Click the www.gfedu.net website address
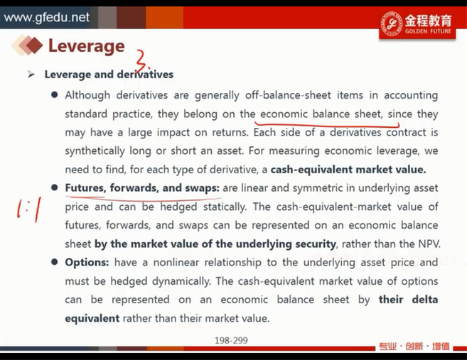[47, 17]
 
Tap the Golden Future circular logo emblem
[392, 24]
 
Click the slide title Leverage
[87, 46]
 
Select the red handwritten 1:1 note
[28, 209]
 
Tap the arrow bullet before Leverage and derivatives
[31, 75]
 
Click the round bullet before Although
[54, 95]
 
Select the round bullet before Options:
[54, 262]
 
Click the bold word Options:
[87, 263]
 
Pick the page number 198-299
[231, 340]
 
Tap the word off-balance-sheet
[288, 95]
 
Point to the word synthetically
[95, 151]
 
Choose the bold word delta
[425, 300]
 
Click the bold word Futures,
[86, 188]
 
